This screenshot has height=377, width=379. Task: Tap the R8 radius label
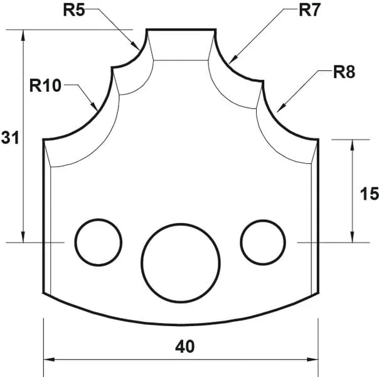click(343, 72)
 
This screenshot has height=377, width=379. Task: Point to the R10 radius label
click(45, 85)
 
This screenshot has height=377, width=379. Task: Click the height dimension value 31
click(9, 138)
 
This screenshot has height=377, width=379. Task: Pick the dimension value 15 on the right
click(370, 194)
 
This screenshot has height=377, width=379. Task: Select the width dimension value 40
click(186, 346)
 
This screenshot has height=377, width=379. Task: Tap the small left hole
click(99, 242)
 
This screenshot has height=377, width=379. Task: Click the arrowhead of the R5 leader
click(137, 46)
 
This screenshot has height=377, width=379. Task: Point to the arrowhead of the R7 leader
click(232, 61)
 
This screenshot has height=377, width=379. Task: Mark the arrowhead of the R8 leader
click(279, 107)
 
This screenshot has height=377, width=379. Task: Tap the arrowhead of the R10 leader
click(95, 107)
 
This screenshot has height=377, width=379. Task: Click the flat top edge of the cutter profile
click(181, 29)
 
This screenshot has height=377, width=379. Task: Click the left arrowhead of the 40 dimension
click(49, 360)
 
